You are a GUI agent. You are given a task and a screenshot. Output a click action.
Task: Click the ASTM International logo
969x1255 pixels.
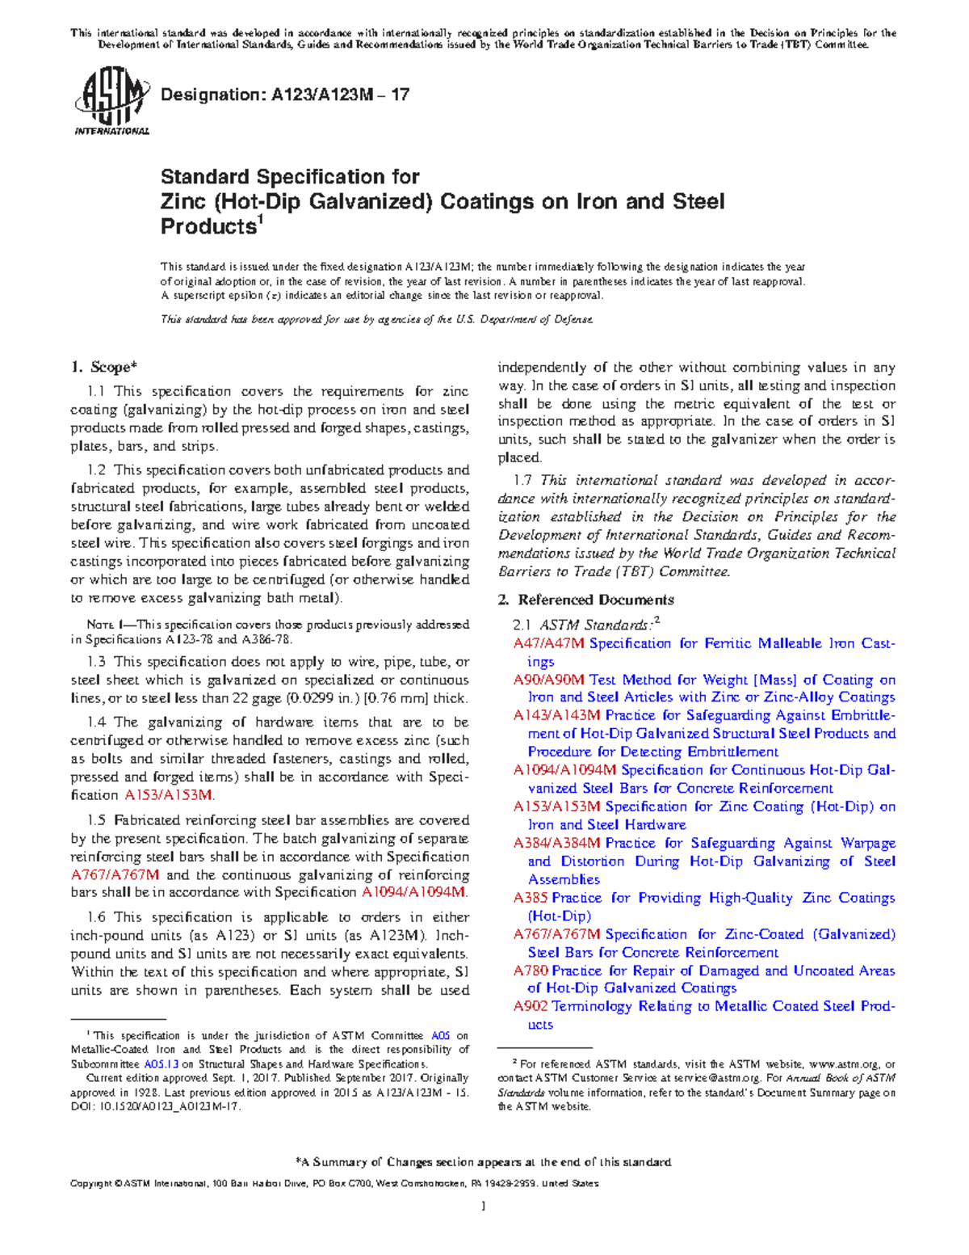tap(111, 102)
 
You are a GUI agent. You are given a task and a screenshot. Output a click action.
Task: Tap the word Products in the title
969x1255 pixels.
tap(208, 227)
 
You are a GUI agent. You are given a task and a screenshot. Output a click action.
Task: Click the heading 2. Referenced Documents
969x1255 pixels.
tap(585, 600)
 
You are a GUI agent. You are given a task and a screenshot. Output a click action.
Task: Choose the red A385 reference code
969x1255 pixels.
tap(531, 898)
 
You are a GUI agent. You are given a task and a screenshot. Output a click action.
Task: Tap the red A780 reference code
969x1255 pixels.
tap(531, 971)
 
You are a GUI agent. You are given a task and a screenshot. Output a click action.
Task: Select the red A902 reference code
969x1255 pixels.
tap(531, 1007)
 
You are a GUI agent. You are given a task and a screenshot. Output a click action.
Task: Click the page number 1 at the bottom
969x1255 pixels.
tap(483, 1207)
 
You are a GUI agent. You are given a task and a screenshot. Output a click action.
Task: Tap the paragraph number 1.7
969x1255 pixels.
tap(522, 481)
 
